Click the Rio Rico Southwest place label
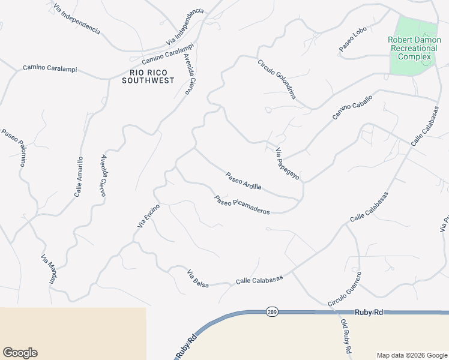point(147,76)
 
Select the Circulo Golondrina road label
point(277,79)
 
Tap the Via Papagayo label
point(287,164)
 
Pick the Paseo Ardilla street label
point(243,181)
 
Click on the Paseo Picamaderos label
point(242,205)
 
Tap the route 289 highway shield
point(272,312)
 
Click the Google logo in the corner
point(20,353)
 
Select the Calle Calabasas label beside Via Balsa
point(259,278)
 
